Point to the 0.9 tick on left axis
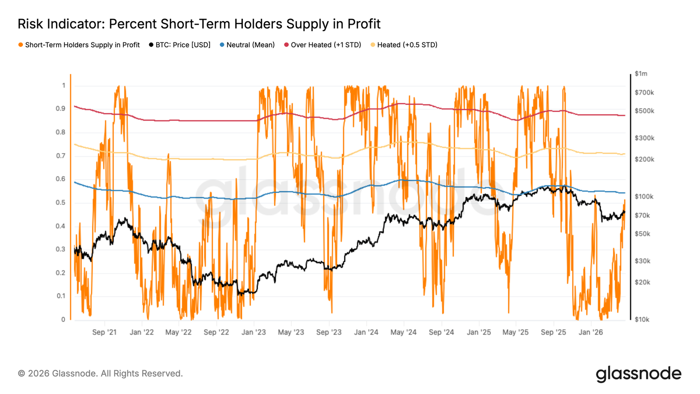(60, 109)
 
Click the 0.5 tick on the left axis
(60, 203)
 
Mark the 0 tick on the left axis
(63, 320)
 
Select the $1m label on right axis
(641, 74)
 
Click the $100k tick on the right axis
(644, 197)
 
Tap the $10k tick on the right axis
(642, 320)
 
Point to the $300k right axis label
(644, 138)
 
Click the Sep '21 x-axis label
(105, 332)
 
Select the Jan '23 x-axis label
(254, 332)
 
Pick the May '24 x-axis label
(403, 332)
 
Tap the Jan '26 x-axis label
(591, 332)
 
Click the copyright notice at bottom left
(100, 373)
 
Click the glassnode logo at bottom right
(638, 374)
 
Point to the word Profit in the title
(364, 24)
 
